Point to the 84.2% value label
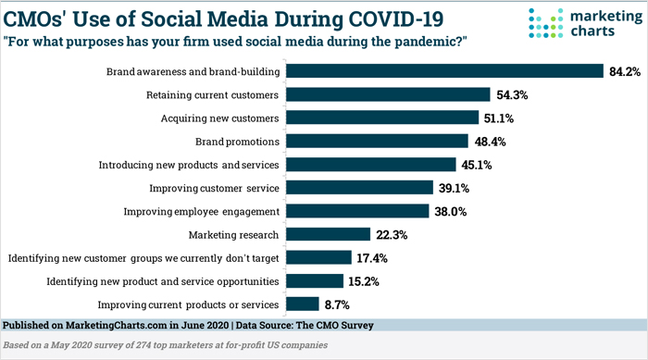(624, 70)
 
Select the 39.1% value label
(455, 188)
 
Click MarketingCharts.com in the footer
(115, 326)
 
